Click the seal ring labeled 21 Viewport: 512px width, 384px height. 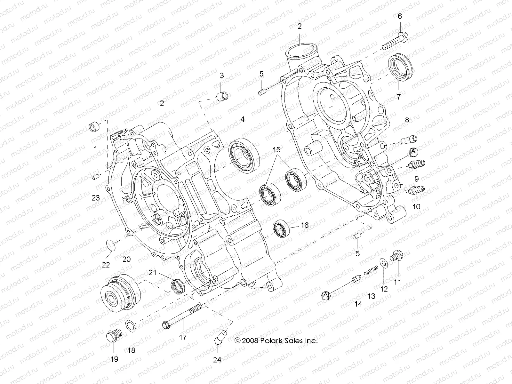[178, 285]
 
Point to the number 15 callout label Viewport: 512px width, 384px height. [276, 149]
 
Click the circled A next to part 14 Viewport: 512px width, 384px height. [326, 295]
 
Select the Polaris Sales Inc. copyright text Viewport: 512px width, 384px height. [276, 341]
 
